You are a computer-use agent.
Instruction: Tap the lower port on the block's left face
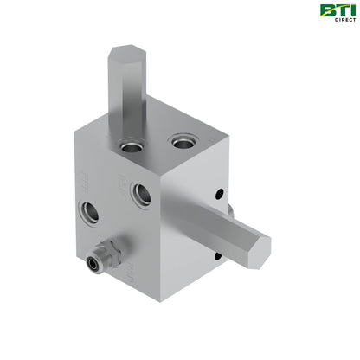tap(91, 210)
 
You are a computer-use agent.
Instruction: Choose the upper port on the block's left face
tap(142, 195)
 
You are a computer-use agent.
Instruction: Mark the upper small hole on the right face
tap(219, 194)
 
